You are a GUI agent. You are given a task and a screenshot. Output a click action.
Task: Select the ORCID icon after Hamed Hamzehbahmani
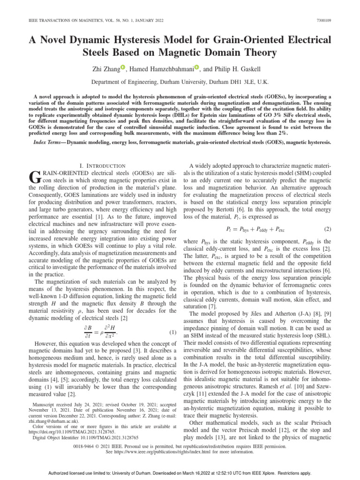(x=197, y=67)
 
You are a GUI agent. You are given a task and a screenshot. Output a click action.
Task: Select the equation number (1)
(x=172, y=333)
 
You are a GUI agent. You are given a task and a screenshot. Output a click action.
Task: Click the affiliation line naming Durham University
(x=180, y=81)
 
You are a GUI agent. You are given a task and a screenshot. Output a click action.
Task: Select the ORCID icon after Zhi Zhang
(x=133, y=67)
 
